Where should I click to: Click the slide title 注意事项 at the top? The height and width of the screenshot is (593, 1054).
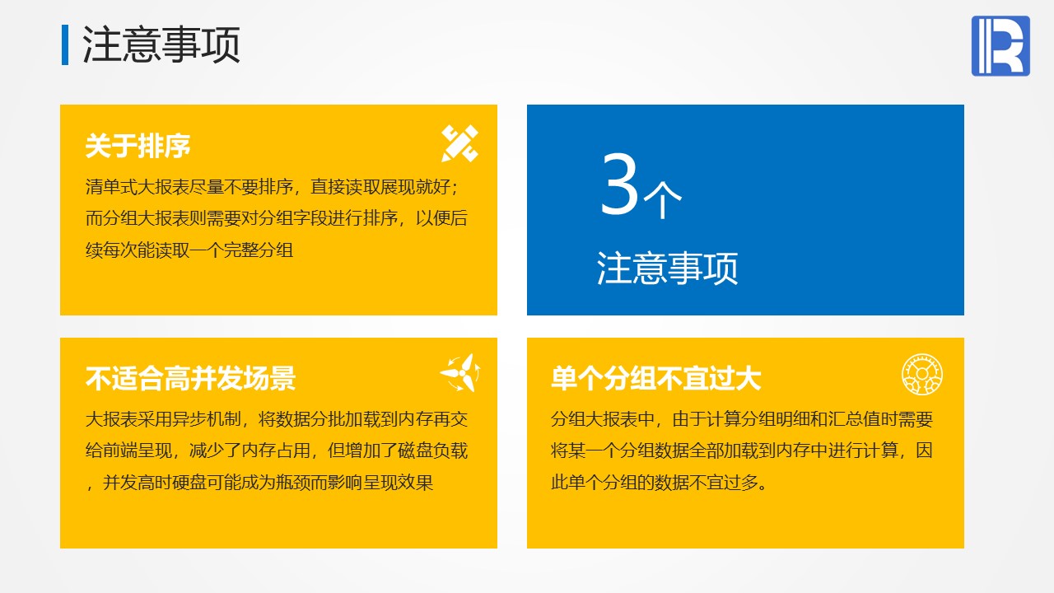coord(161,44)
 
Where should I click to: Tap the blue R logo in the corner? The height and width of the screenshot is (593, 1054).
coord(1000,45)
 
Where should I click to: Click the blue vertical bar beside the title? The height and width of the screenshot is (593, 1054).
coord(65,44)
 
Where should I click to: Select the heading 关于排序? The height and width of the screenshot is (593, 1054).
coord(138,146)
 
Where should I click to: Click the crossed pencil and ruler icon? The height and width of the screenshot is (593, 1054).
coord(459,143)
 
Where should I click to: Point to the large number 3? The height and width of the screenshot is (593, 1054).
coord(619,184)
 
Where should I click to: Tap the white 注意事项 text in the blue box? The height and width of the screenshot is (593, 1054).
coord(667,268)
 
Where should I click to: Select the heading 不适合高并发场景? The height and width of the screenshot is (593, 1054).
coord(190,378)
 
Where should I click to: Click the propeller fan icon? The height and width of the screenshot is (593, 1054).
coord(460,373)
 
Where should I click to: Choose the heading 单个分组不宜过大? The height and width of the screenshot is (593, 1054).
coord(656,378)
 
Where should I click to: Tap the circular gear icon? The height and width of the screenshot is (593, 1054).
coord(921,374)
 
